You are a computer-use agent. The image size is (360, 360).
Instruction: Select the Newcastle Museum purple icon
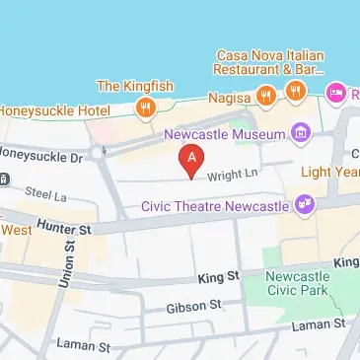(x=301, y=132)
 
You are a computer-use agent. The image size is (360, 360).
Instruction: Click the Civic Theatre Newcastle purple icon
(x=306, y=204)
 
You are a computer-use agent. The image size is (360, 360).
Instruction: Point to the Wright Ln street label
(x=232, y=176)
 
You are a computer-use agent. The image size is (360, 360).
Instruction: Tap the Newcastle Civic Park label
(x=300, y=284)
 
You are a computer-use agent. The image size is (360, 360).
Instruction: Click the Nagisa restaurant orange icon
(x=265, y=95)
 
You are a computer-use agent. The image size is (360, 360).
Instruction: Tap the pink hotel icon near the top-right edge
(x=335, y=93)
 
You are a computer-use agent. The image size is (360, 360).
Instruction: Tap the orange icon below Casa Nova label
(x=295, y=90)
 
